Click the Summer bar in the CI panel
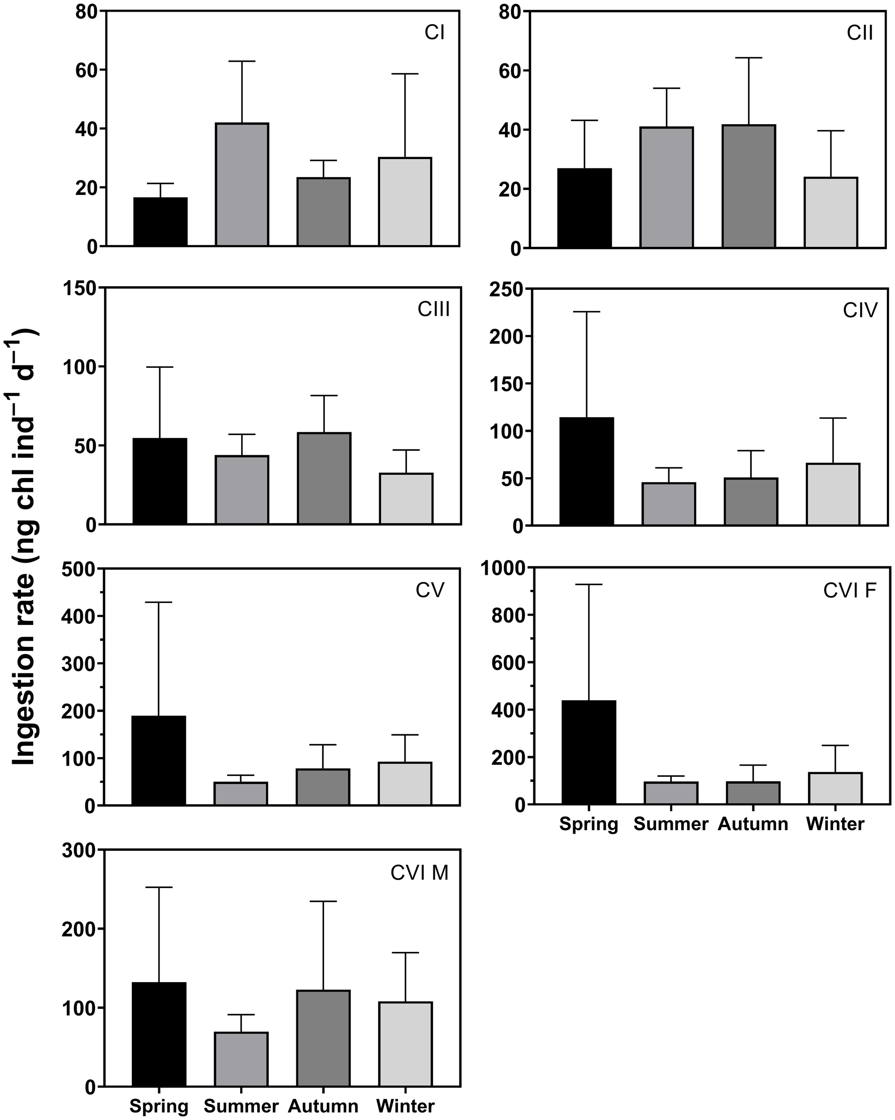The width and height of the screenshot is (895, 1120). (x=242, y=185)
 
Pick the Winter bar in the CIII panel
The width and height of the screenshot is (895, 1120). (x=406, y=498)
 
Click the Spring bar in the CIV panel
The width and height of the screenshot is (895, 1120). (x=587, y=471)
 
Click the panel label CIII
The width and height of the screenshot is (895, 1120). (x=433, y=310)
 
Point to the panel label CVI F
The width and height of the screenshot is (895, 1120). (x=850, y=590)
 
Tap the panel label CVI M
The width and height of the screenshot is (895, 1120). (x=419, y=873)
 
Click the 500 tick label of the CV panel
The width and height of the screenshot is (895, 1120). (x=79, y=569)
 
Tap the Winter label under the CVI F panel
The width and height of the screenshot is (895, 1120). (x=835, y=824)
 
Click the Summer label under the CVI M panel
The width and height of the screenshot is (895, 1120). (x=241, y=1107)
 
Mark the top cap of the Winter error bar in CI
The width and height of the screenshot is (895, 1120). (x=405, y=74)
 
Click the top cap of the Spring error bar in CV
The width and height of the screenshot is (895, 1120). (x=159, y=602)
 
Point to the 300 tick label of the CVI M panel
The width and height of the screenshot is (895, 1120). (x=79, y=851)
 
